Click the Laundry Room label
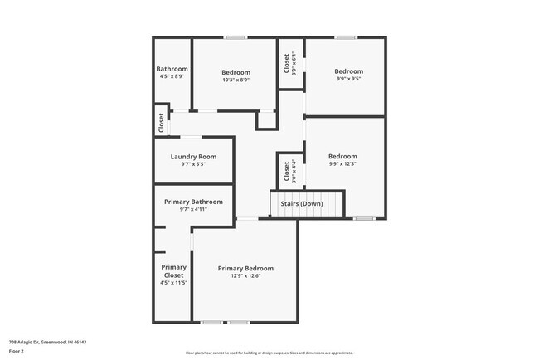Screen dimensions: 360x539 (193, 156)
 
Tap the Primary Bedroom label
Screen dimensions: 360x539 (245, 268)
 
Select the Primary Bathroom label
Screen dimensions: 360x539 (193, 202)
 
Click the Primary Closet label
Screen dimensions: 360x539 (173, 271)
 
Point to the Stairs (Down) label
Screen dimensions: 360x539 (300, 203)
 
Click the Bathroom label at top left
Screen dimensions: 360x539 (172, 69)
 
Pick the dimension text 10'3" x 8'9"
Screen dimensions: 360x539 (235, 80)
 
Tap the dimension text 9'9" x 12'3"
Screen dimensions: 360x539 (342, 164)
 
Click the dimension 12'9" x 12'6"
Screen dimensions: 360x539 (245, 276)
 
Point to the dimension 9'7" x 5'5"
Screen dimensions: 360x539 (193, 164)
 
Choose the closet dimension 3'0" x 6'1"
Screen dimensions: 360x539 (295, 65)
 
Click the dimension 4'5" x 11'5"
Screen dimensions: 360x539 (173, 283)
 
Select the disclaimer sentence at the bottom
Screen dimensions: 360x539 (269, 353)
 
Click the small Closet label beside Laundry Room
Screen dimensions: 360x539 (161, 123)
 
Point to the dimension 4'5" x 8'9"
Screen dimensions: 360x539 (172, 76)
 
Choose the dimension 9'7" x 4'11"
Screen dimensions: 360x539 (193, 209)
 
